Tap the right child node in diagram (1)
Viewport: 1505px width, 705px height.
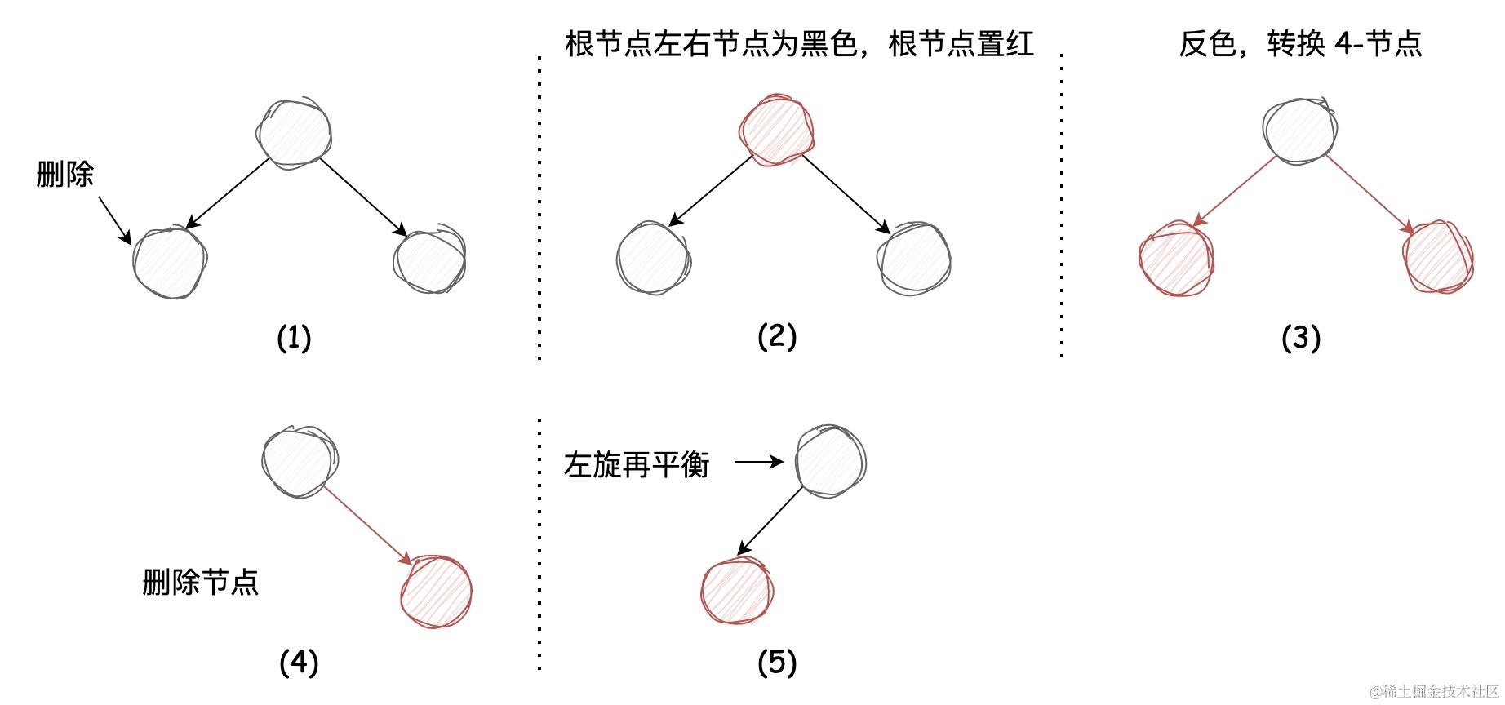coord(430,261)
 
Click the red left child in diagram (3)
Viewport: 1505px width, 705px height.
coord(1176,259)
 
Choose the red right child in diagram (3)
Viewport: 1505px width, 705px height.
coord(1440,257)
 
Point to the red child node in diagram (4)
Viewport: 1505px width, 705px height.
coord(437,592)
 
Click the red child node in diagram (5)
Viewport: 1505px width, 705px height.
coord(737,590)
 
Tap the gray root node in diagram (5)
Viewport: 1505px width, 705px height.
coord(830,462)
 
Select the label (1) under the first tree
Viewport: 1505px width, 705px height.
coord(294,337)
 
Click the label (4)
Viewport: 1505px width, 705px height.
coord(299,663)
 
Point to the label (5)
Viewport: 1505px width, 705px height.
coord(776,663)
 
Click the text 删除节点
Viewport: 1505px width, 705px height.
coord(201,583)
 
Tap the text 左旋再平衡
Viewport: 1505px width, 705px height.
coord(637,465)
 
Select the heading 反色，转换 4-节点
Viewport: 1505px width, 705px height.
coord(1300,43)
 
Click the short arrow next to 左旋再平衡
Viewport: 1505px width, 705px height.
coord(759,463)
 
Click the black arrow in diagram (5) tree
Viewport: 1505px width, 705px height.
coord(770,521)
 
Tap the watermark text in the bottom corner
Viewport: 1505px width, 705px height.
coord(1434,692)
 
